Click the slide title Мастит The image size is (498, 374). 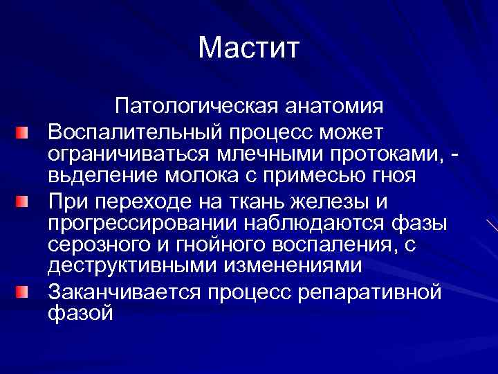248,48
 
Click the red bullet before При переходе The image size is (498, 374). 24,202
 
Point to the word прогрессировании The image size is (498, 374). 135,224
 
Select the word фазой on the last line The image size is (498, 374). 80,312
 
